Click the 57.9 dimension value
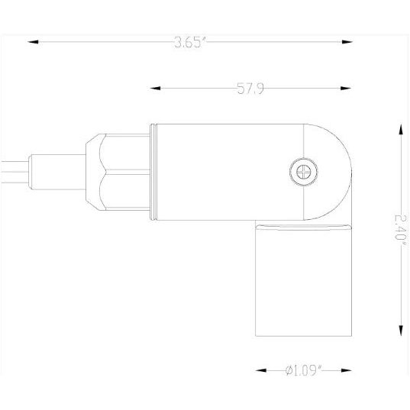coord(250,89)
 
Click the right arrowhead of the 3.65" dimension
coord(350,42)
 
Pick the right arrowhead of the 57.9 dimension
coord(350,89)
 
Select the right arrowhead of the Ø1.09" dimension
coord(350,370)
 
